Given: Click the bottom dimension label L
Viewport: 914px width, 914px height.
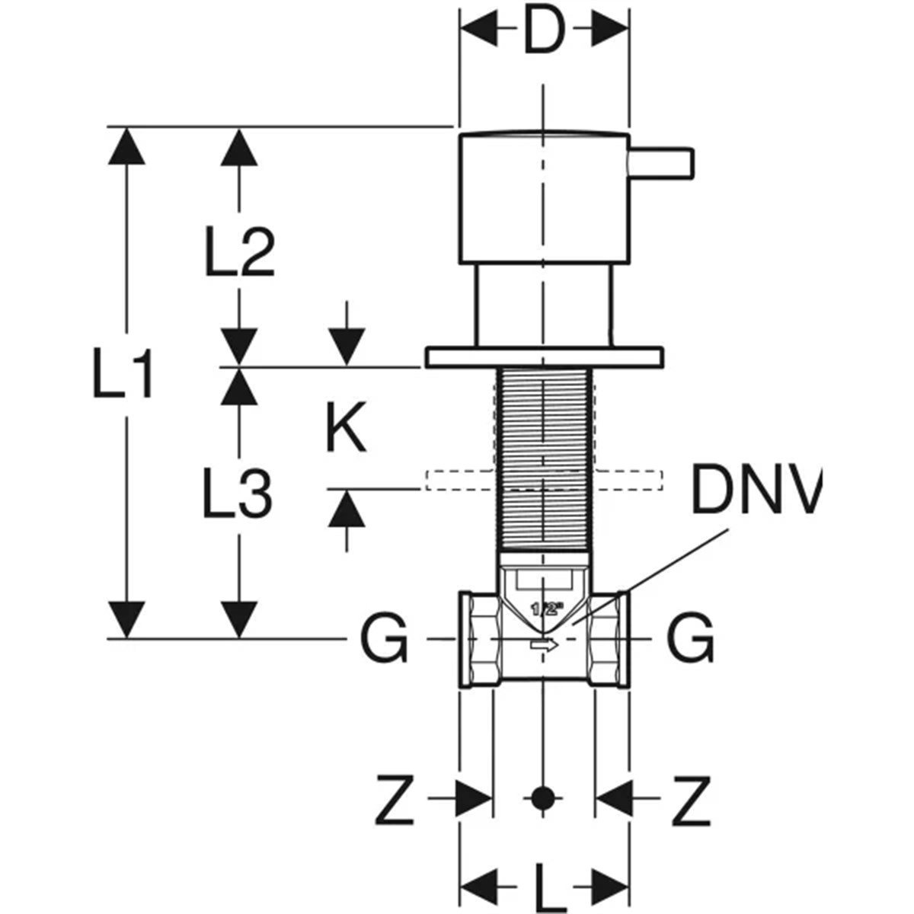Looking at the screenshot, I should click(545, 887).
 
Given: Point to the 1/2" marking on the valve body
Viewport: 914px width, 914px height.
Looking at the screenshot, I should click(545, 609).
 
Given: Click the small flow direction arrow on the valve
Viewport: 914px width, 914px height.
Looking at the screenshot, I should click(544, 645).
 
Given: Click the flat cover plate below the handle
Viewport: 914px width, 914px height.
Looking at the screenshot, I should click(544, 356).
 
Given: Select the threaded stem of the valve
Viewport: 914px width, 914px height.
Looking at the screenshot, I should click(544, 457).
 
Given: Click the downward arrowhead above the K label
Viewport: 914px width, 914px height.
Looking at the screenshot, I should click(347, 350).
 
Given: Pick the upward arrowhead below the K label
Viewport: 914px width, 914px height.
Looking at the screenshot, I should click(347, 506).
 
